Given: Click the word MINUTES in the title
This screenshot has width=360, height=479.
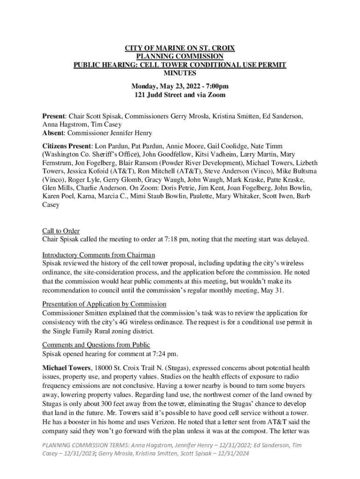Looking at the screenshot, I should (180, 73).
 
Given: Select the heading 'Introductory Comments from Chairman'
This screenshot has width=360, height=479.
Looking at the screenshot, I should (99, 255).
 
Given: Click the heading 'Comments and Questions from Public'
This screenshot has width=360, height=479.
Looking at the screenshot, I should (96, 345).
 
